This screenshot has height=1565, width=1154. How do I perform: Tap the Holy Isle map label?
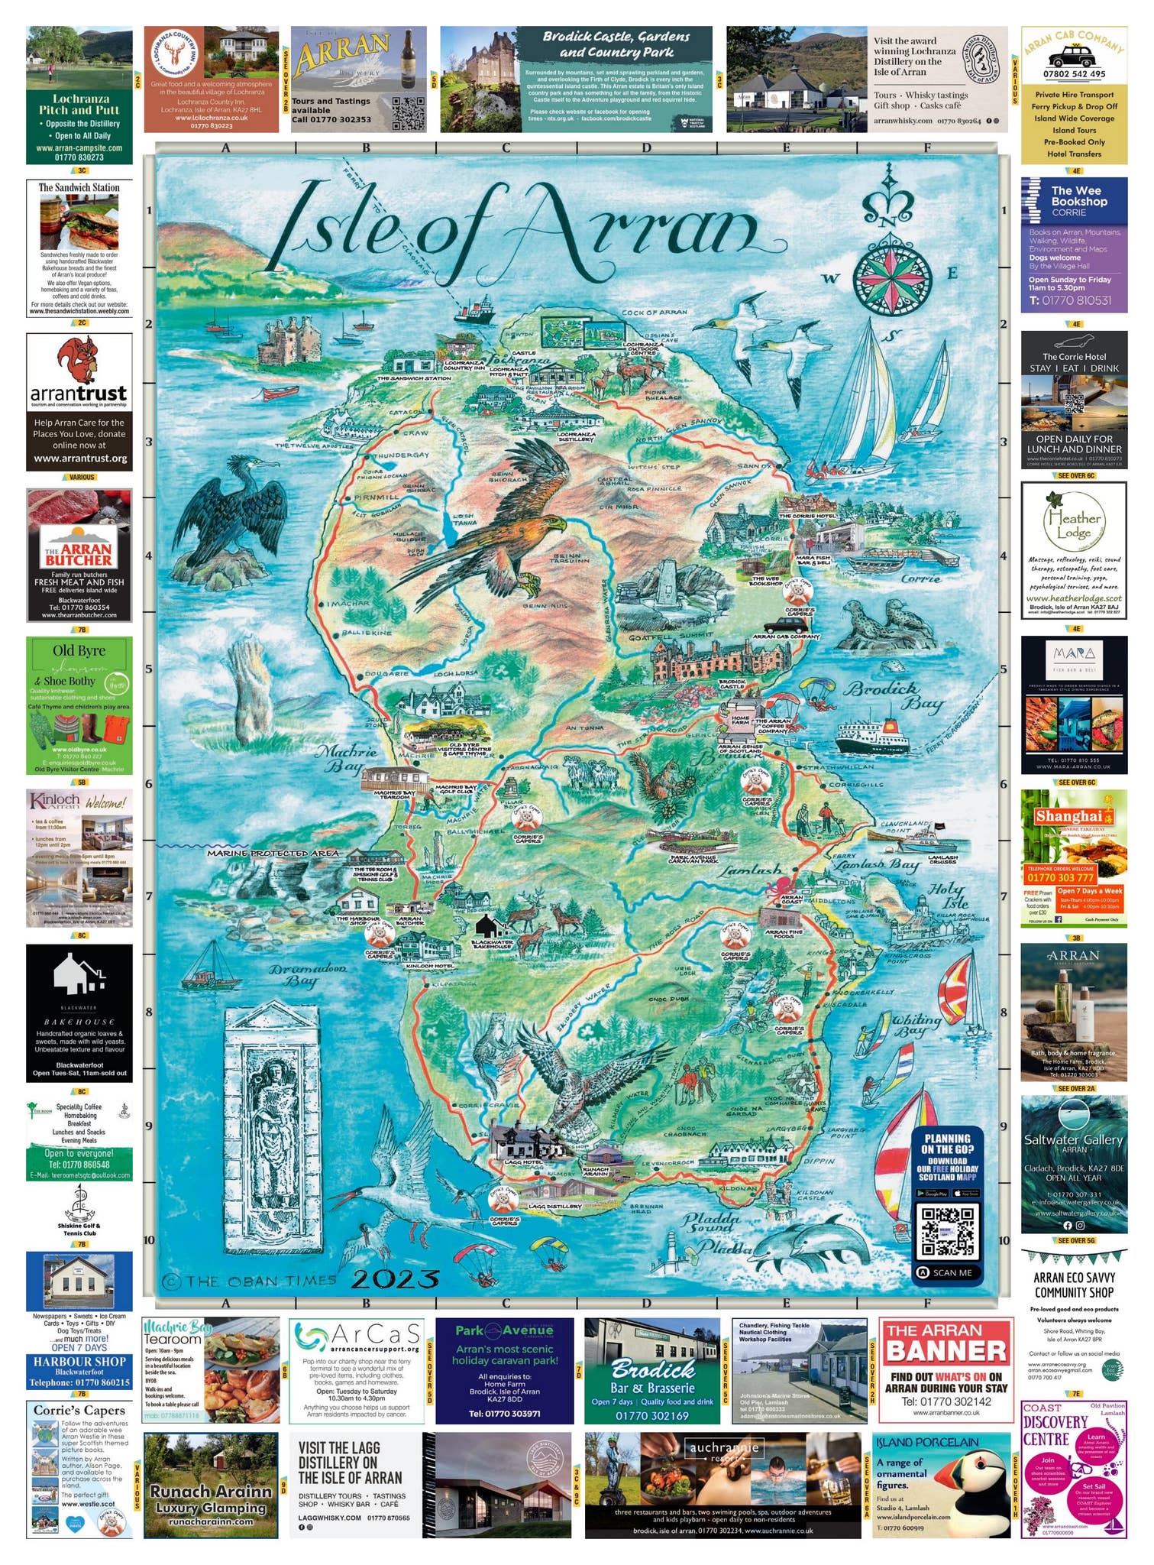948,896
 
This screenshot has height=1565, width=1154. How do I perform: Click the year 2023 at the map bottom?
396,1278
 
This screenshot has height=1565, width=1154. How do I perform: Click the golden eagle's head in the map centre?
557,526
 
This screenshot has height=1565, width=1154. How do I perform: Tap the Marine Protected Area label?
273,852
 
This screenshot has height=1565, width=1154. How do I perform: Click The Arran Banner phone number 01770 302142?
946,1401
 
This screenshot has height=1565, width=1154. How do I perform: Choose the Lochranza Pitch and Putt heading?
80,105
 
